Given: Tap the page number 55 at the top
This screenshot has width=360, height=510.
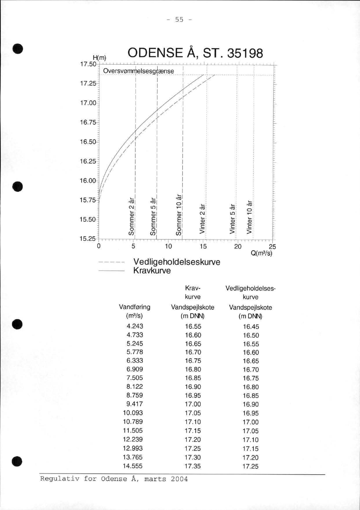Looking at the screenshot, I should pos(179,20).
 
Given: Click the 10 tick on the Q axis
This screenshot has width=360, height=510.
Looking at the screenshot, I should pos(169,247).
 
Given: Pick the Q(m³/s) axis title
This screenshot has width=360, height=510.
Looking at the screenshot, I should pos(261,253).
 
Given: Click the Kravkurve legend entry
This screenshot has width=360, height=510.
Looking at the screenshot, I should pos(152,271).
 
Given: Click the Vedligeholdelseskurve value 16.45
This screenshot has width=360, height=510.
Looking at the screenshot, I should pos(251,326).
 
